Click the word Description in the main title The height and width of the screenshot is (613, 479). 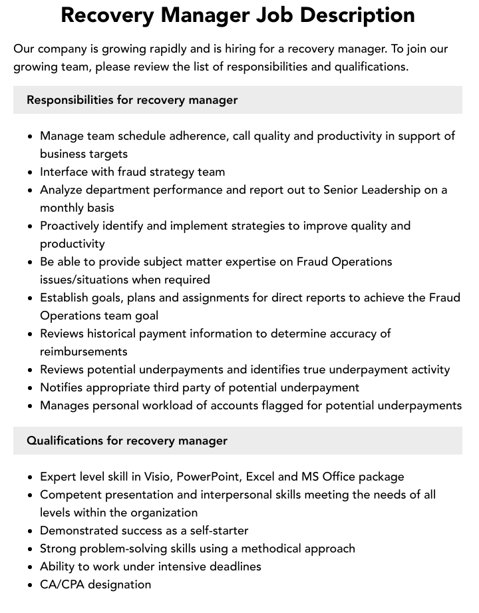coord(352,15)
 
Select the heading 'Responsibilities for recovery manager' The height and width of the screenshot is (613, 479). coord(132,100)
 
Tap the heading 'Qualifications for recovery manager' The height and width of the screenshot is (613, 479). coord(127,441)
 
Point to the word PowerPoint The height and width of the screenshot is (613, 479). coord(203,477)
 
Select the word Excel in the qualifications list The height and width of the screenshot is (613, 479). coord(265,477)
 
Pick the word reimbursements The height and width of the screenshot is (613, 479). coord(83,351)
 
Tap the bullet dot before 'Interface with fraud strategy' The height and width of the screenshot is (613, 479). coord(31,172)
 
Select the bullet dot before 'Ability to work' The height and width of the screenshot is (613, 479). coord(31,567)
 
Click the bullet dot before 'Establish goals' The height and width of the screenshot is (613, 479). coord(31,298)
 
